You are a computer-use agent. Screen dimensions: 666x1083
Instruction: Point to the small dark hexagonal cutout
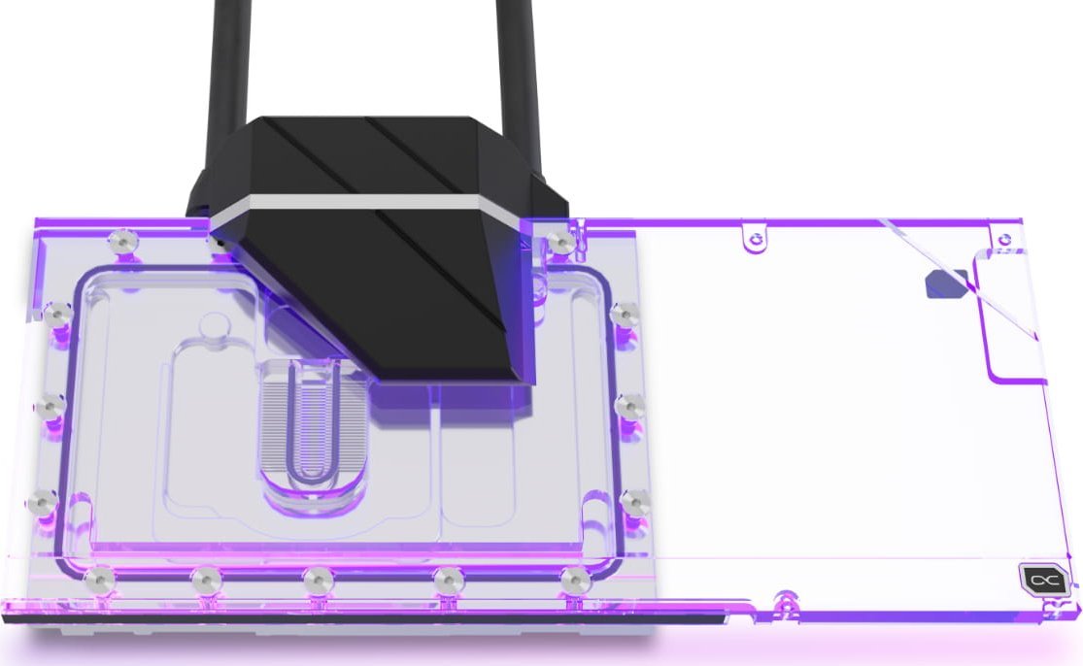coord(941,283)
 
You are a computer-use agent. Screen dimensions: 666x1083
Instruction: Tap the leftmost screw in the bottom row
coord(98,580)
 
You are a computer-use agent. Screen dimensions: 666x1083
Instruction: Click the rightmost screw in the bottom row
coord(573,580)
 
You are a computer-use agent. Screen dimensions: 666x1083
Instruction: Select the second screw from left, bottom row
coord(204,580)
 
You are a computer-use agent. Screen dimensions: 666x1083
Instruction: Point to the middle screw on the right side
coord(629,405)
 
